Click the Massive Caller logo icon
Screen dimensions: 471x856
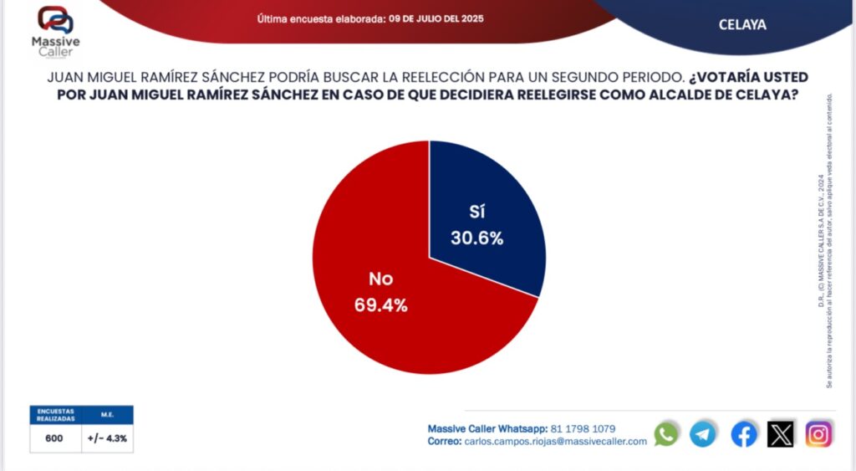[x=56, y=20]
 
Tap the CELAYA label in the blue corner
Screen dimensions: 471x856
[x=742, y=25]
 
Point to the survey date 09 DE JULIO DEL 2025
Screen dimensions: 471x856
[x=436, y=18]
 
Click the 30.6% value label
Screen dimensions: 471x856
[x=477, y=238]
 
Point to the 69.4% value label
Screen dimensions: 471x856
[x=380, y=305]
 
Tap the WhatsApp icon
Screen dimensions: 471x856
[x=666, y=433]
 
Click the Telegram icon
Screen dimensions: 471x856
[x=703, y=433]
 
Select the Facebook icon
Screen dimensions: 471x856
[x=744, y=433]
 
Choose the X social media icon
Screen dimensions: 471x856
[x=781, y=433]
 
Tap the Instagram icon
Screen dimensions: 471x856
[x=818, y=433]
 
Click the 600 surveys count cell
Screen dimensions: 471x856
[x=54, y=438]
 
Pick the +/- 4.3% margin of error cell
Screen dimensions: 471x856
[x=107, y=438]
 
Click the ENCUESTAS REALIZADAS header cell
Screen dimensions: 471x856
[x=54, y=414]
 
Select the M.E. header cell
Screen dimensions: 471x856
[x=107, y=414]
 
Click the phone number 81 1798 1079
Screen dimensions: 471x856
[x=583, y=428]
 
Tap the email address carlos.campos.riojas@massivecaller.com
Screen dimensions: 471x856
[x=555, y=441]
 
